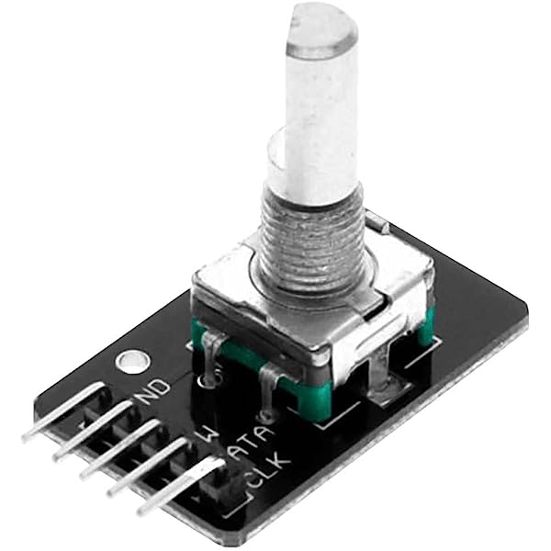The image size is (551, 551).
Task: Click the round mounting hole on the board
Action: point(130,361)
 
